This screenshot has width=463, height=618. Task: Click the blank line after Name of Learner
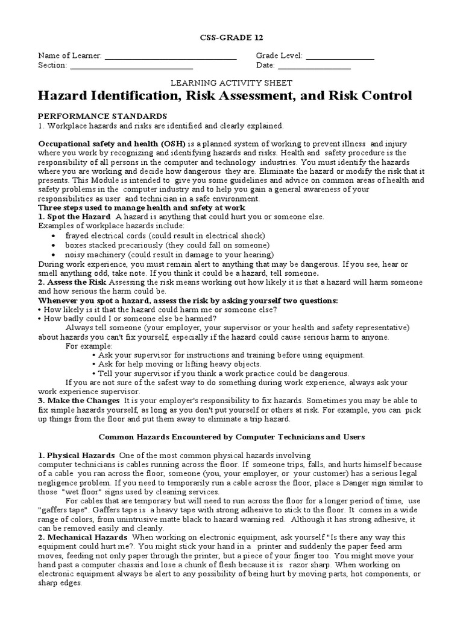pos(171,59)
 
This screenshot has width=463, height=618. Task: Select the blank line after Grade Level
pos(340,59)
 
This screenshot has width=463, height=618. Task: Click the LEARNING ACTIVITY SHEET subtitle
pos(231,83)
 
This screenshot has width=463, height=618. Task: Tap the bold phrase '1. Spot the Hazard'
pos(74,217)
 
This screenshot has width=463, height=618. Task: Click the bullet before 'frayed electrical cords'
pos(55,236)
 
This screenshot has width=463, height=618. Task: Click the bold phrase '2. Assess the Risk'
pos(72,282)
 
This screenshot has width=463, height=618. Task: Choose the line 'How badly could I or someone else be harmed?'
pos(127,319)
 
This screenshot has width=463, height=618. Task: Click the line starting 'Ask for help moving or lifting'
pos(179,365)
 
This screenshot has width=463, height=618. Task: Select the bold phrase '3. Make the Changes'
pos(79,401)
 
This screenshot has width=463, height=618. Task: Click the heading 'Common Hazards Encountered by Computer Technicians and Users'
pos(231,436)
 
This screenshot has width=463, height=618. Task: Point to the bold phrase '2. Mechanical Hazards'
pos(83,537)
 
